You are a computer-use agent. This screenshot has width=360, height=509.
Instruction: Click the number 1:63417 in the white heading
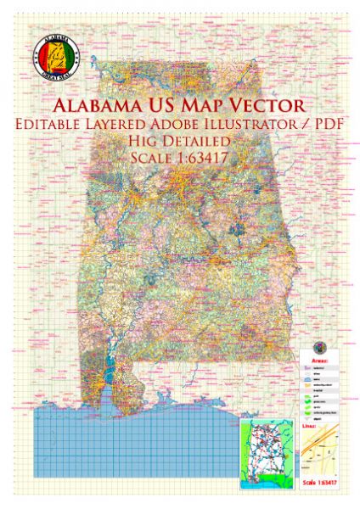205,158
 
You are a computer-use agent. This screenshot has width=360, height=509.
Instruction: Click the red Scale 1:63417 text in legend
323,483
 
